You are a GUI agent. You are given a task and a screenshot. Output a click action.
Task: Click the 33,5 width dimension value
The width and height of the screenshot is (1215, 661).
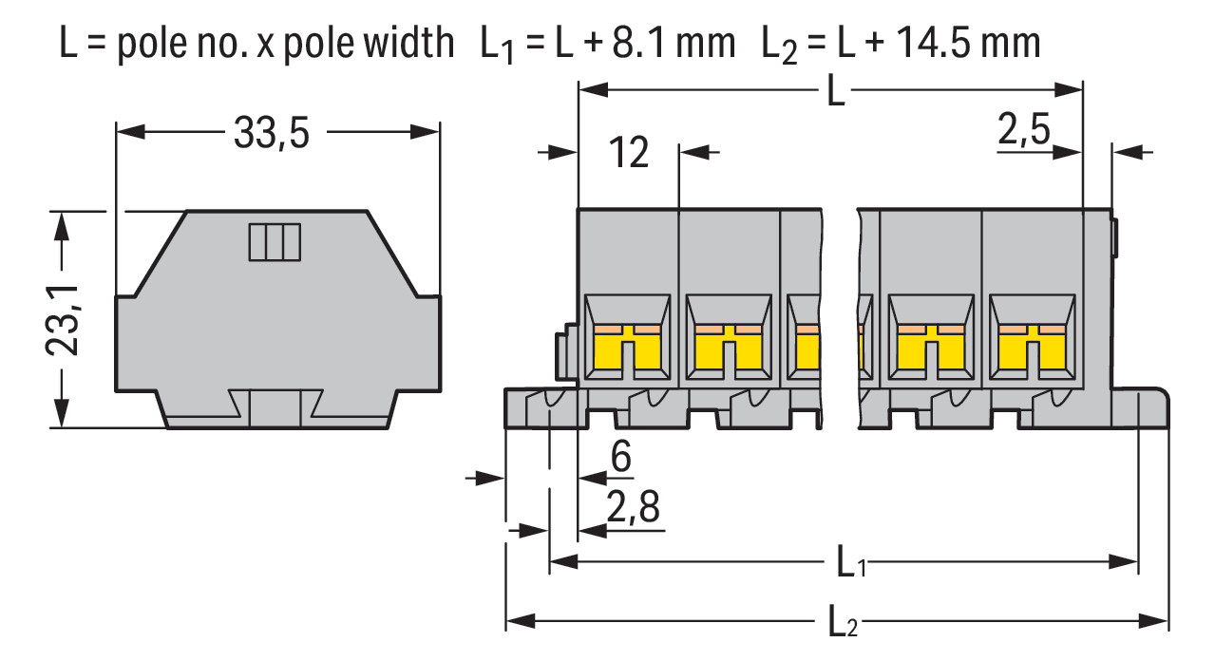pos(271,135)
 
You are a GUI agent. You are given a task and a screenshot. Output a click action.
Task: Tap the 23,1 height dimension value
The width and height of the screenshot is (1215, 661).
pos(63,319)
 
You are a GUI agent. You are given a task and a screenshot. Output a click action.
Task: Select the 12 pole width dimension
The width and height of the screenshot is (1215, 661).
pos(628,153)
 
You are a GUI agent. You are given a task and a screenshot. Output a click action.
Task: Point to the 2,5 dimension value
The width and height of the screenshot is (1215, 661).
pos(1024,129)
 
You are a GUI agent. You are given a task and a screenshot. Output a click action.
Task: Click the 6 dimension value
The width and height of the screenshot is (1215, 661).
pos(620,457)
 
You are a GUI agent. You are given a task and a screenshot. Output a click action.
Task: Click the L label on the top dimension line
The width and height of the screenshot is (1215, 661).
pos(834,94)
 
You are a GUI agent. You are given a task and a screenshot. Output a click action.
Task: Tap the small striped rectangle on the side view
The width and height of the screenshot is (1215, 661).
pos(274,241)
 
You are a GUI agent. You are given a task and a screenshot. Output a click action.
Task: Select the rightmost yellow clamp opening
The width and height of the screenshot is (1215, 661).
pos(1032,349)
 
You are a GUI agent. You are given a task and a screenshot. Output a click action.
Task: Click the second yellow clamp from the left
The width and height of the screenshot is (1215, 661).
pos(729,349)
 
